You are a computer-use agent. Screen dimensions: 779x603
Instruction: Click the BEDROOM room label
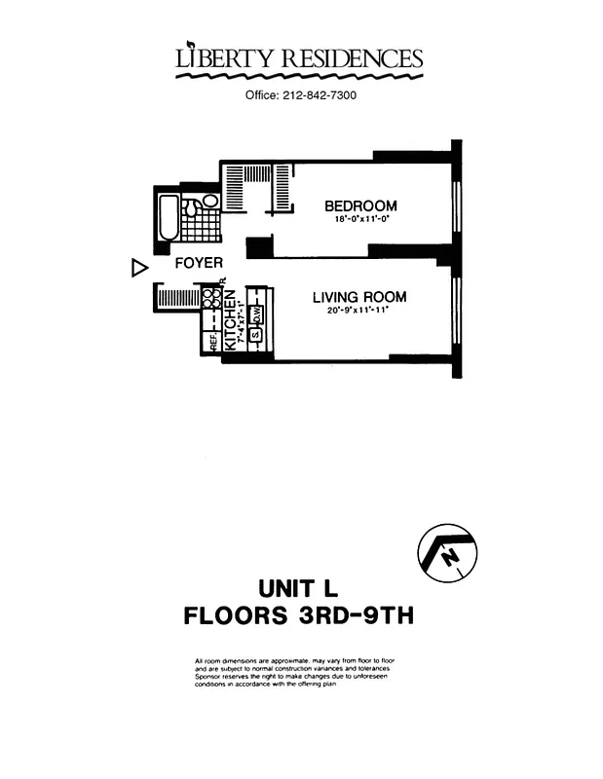pyautogui.click(x=360, y=205)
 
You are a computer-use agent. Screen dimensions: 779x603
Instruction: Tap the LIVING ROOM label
pyautogui.click(x=359, y=297)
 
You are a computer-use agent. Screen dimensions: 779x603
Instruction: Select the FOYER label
pyautogui.click(x=199, y=263)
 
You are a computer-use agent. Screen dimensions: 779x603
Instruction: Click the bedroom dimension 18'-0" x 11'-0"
pyautogui.click(x=360, y=220)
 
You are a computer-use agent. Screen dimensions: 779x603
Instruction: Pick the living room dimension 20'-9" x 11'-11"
pyautogui.click(x=359, y=313)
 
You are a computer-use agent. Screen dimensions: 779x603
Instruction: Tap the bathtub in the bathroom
pyautogui.click(x=168, y=219)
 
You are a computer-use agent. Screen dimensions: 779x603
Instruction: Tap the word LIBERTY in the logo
pyautogui.click(x=222, y=59)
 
